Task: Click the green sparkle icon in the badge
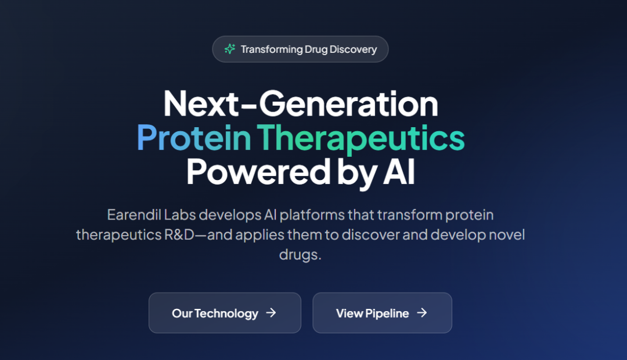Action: tap(229, 49)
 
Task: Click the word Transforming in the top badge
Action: tap(272, 49)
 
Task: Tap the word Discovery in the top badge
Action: tap(353, 49)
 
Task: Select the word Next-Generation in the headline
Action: tap(301, 104)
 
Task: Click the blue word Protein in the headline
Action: tap(194, 138)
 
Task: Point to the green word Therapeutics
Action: tap(361, 139)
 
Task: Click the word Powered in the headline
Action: tap(259, 172)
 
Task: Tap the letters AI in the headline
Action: tap(399, 172)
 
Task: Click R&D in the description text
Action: tap(179, 235)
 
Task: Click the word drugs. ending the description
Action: tap(300, 255)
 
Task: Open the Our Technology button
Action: tap(225, 313)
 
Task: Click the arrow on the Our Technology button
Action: tap(271, 313)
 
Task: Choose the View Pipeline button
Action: tap(382, 313)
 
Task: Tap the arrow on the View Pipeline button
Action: tap(422, 313)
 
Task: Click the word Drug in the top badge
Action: tap(316, 49)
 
